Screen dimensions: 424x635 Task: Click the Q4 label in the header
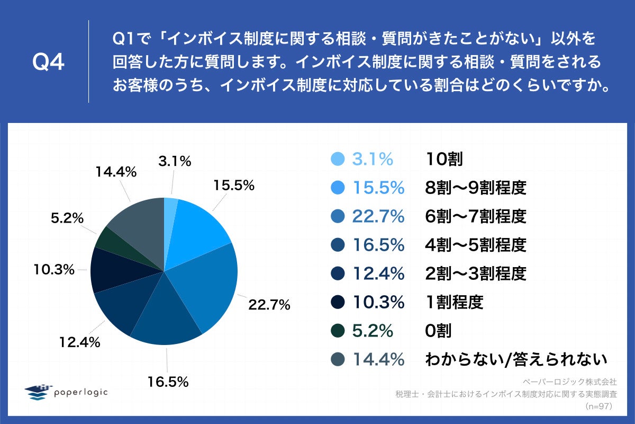coord(48,63)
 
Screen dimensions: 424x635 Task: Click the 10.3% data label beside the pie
coord(52,270)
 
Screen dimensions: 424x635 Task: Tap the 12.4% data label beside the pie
coord(80,342)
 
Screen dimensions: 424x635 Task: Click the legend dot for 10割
coord(337,158)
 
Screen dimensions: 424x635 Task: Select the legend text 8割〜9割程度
coord(476,187)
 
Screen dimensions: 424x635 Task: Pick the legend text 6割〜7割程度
coord(476,216)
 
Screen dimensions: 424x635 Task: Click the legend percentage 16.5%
coord(378,244)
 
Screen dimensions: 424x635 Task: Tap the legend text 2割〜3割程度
coord(476,273)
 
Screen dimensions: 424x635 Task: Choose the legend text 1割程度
coord(454,302)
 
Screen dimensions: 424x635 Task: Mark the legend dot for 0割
coord(337,331)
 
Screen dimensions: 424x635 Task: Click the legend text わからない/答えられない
coord(515,359)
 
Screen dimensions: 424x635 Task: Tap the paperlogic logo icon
coord(38,392)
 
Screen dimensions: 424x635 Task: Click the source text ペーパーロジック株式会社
coord(569,381)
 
